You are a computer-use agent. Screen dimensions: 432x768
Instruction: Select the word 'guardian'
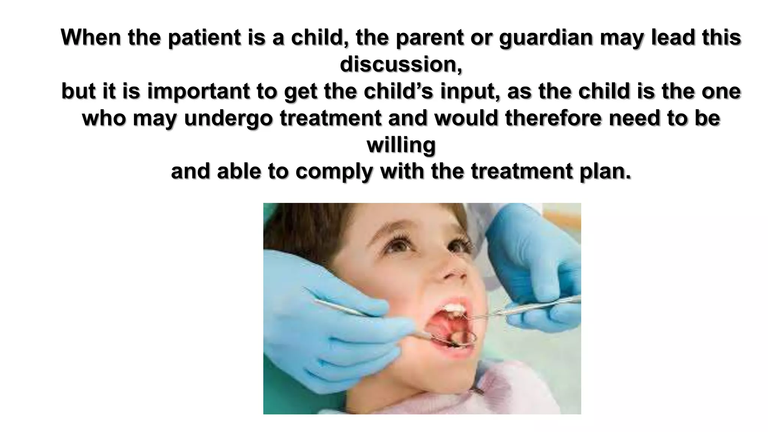(546, 37)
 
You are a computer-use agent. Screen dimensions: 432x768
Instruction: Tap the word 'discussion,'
(401, 64)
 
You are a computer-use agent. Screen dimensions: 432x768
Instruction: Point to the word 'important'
(198, 91)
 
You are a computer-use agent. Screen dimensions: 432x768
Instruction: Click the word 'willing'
(401, 145)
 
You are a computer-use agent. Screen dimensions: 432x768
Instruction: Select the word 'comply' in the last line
(334, 172)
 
